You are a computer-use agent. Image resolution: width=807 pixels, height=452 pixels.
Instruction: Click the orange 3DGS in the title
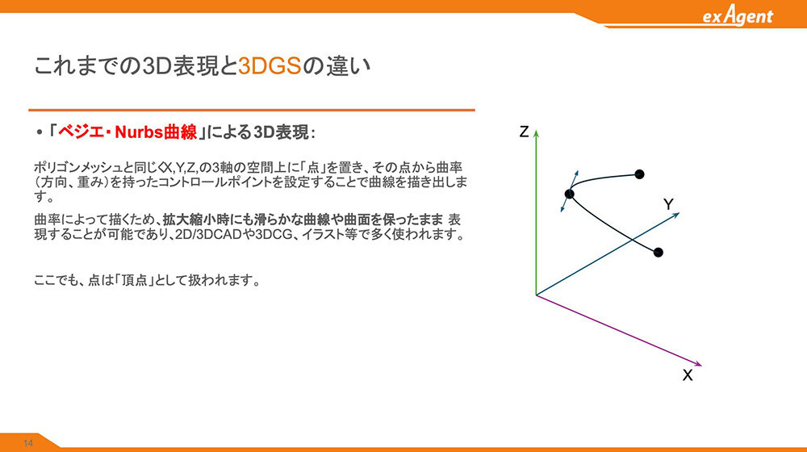[270, 66]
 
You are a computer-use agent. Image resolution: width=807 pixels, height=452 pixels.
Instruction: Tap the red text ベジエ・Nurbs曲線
[128, 132]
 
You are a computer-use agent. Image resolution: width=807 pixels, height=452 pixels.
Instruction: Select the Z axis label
[524, 132]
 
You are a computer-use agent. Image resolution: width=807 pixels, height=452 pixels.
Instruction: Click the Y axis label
[668, 204]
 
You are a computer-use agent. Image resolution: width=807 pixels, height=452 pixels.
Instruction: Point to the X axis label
[688, 375]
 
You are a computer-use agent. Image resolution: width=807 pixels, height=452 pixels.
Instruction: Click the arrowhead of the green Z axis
[536, 134]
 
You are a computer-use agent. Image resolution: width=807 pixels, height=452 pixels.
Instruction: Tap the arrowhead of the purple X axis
[698, 365]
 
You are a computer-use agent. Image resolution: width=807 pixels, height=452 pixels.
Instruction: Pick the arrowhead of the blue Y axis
[676, 215]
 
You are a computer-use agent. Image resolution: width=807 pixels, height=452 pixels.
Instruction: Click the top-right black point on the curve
[639, 174]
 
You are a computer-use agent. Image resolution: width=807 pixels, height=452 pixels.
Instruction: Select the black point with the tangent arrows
[569, 194]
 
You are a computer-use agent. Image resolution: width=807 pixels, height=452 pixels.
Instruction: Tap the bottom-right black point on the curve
[659, 253]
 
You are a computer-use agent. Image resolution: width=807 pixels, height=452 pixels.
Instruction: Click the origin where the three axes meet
[537, 295]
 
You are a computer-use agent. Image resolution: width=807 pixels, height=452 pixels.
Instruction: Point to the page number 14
[27, 443]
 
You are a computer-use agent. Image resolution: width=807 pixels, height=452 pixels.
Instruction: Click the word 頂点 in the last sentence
[134, 281]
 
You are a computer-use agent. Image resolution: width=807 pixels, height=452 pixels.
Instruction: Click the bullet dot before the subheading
[39, 133]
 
